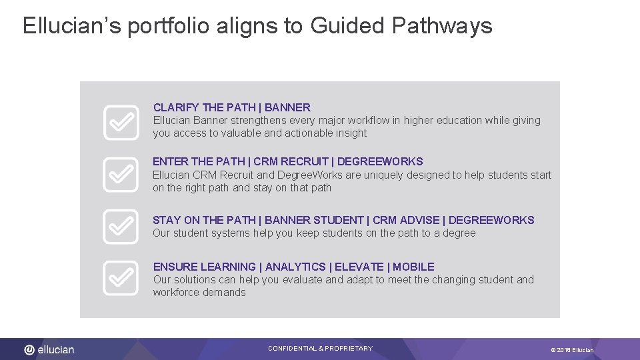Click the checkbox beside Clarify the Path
(x=121, y=123)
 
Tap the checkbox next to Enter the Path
(x=121, y=175)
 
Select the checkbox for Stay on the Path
(x=121, y=227)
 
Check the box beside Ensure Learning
(x=121, y=279)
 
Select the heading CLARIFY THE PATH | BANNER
(x=231, y=107)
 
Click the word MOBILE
(x=413, y=267)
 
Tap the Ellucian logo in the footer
(x=50, y=349)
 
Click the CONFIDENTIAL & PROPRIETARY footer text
(x=320, y=349)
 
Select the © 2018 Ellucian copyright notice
(x=571, y=350)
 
